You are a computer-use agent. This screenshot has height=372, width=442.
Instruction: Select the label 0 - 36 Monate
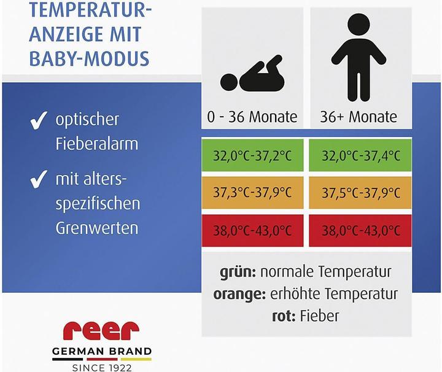252,116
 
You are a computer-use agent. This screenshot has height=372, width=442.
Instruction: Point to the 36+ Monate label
359,116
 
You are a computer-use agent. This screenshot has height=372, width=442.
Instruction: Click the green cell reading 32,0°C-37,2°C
252,155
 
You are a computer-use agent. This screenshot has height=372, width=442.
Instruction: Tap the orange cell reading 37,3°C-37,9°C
252,193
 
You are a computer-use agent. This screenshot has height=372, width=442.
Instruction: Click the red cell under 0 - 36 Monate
252,231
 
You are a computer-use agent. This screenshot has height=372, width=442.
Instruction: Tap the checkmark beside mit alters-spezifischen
39,180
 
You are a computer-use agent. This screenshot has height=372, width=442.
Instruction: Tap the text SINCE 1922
101,368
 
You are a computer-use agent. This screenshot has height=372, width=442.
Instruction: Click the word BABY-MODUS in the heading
89,58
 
